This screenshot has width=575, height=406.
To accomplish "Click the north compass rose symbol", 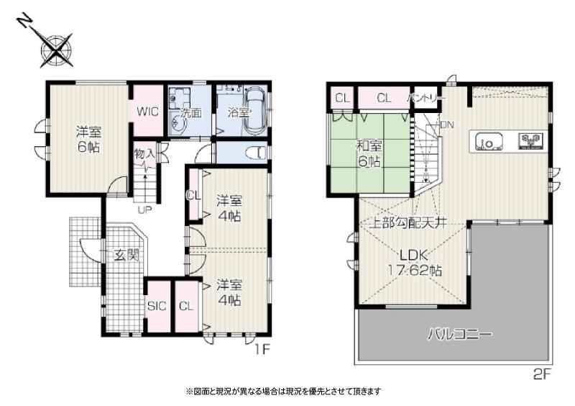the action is click(56, 50).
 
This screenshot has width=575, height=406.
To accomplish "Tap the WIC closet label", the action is click(147, 112).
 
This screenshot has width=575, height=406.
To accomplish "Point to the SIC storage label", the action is click(157, 306).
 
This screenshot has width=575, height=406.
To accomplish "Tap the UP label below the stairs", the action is click(145, 210).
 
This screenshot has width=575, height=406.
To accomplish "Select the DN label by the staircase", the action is click(446, 125).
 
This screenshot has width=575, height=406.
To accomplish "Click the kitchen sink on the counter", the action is click(489, 140).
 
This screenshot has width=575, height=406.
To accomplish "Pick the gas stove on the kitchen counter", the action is click(530, 141).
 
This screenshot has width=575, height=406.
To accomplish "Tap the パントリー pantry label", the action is click(427, 98).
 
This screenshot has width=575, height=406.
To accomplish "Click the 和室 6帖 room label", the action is click(369, 153).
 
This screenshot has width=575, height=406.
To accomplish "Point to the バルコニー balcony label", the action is click(460, 334).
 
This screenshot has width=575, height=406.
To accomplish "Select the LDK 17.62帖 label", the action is click(415, 263).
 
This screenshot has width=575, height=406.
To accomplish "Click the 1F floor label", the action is click(262, 349).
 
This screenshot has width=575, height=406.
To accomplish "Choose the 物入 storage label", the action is click(145, 153).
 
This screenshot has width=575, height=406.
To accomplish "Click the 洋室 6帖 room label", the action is click(88, 140).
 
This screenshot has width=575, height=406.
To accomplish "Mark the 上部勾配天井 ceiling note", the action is click(408, 223).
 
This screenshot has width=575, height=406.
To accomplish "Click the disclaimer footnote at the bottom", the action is click(283, 392).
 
